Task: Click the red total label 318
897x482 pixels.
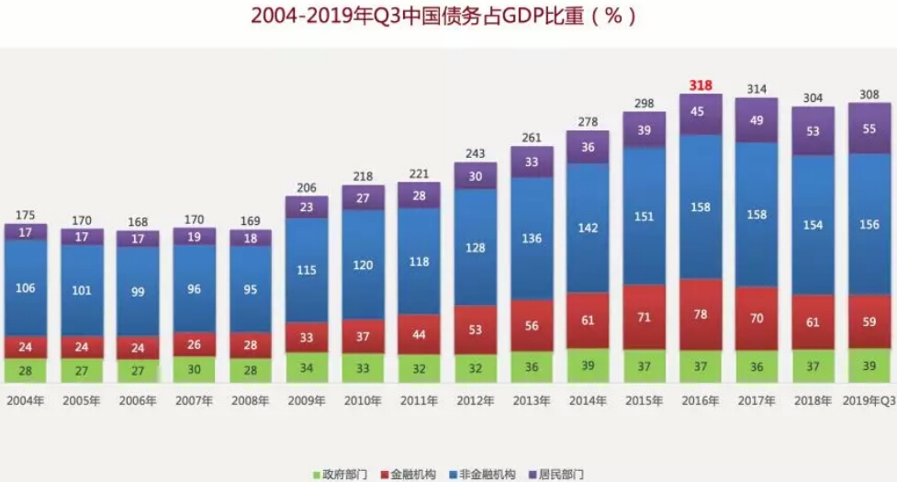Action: point(701,85)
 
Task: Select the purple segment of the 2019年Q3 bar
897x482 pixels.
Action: point(869,129)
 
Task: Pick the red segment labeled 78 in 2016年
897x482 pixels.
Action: point(701,314)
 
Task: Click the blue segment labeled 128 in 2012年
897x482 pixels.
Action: point(476,248)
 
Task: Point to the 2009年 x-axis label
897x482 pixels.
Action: point(307,400)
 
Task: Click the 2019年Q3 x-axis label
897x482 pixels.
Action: point(868,400)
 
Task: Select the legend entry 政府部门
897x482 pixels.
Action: point(344,474)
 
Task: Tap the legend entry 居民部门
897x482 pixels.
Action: point(560,474)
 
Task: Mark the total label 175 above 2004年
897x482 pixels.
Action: point(26,216)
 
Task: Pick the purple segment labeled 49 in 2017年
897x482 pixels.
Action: point(757,120)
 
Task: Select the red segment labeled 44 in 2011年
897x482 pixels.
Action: point(419,335)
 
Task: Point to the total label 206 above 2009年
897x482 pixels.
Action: point(307,188)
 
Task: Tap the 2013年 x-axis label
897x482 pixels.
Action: point(531,400)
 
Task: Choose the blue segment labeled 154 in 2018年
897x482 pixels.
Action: point(813,224)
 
